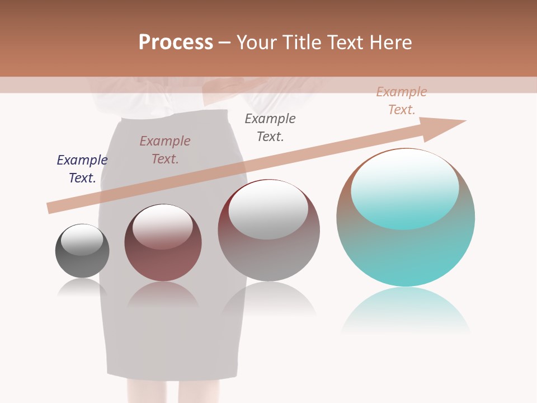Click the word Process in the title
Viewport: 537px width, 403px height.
[176, 43]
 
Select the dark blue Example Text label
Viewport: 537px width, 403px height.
[82, 169]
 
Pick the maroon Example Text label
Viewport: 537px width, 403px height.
[165, 150]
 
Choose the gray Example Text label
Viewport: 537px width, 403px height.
[270, 128]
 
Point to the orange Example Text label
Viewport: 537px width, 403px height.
[402, 101]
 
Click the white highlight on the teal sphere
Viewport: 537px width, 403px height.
[405, 188]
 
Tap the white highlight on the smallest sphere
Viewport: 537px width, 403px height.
[82, 239]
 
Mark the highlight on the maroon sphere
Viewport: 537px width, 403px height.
[162, 226]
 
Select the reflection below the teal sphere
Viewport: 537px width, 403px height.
[406, 311]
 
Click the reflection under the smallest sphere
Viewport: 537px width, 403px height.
[82, 288]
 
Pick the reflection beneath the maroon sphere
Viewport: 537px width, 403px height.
[162, 294]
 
